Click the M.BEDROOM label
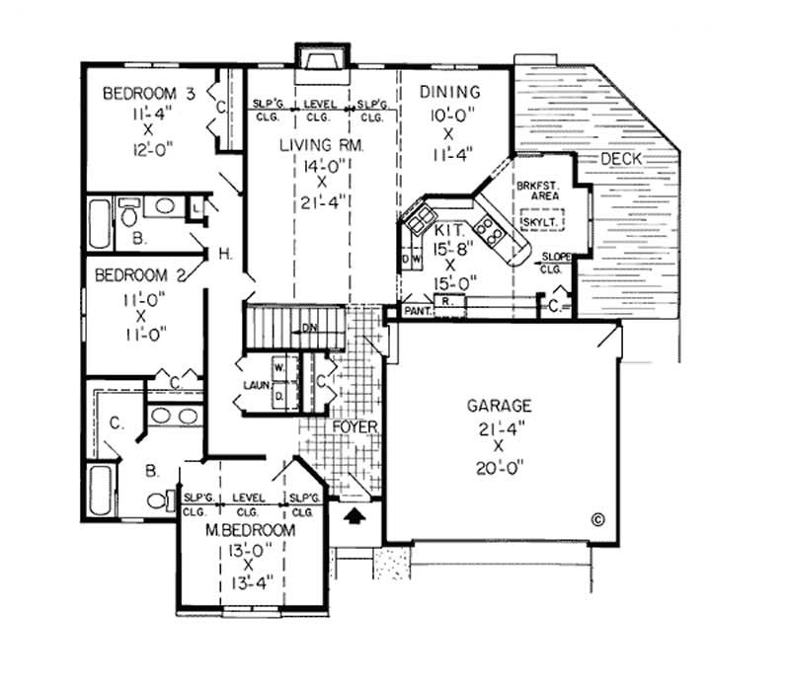click(250, 530)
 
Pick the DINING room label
click(450, 93)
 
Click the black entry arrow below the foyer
click(353, 513)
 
